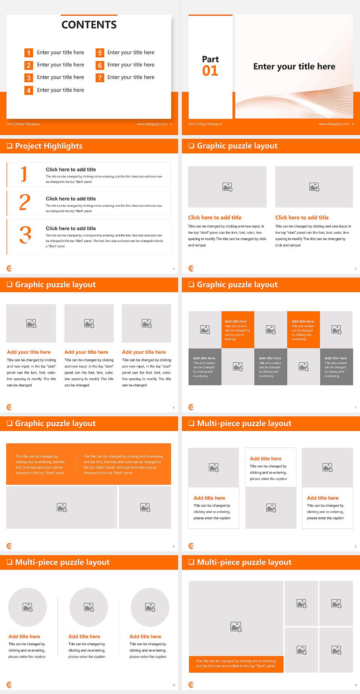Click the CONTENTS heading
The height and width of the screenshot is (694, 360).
pos(89,25)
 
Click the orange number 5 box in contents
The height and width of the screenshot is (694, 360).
pos(100,53)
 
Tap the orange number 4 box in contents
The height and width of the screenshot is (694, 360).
pos(28,90)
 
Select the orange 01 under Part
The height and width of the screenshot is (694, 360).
pos(210,71)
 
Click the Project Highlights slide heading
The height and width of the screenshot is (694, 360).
pos(48,146)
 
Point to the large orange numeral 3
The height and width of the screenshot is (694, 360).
pos(25,235)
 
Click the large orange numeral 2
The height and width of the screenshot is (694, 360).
pos(25,202)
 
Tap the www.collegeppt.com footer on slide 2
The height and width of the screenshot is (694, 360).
pos(151,124)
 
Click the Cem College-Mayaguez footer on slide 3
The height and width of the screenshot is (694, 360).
pos(205,124)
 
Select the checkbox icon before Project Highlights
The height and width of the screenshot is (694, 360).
pos(9,146)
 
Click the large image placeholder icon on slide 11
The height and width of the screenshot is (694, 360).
pos(236,626)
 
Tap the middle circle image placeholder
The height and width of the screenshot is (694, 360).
pos(89,607)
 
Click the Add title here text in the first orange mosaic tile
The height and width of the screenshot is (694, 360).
pos(236,321)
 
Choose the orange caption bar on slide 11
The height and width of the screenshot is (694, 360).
pos(236,664)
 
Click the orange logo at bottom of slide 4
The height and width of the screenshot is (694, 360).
pos(9,268)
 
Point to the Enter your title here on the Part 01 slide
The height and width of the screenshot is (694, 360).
pos(294,67)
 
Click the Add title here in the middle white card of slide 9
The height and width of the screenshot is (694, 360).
pos(265,459)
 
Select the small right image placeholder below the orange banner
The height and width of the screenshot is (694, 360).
pos(145,508)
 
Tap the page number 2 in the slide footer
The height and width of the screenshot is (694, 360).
pos(171,124)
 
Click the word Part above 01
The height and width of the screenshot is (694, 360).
pos(210,59)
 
